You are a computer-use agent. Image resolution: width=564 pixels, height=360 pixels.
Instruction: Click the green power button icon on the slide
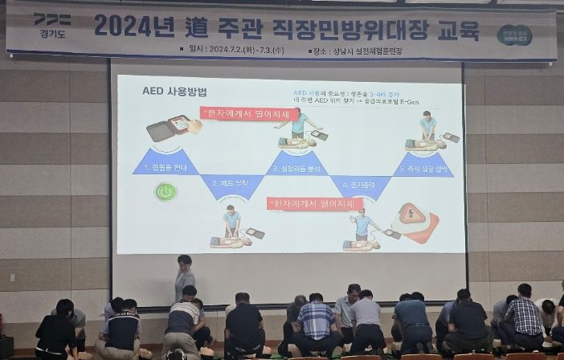166,192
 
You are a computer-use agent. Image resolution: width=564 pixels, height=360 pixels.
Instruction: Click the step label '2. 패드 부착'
231,184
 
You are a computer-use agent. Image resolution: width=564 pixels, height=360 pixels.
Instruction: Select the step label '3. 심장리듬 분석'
298,168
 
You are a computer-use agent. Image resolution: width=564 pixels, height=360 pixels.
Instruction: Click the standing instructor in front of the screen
185,277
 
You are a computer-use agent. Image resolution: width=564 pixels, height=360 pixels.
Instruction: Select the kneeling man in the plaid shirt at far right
523,317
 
